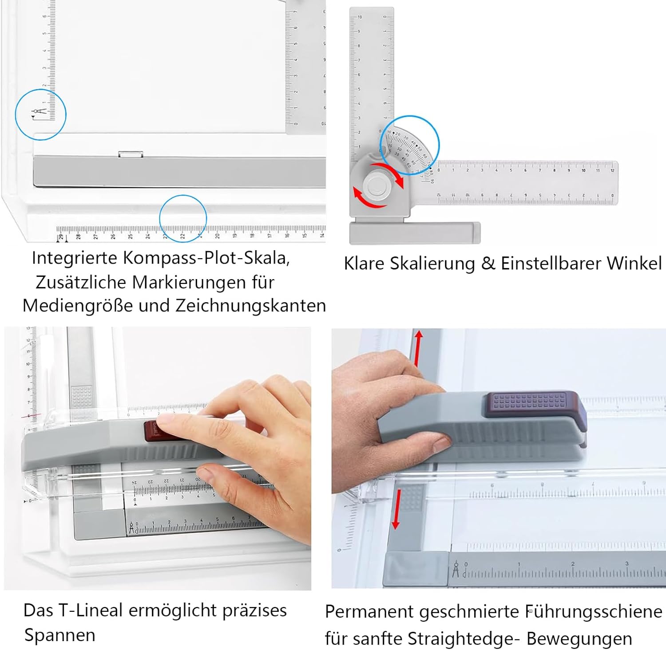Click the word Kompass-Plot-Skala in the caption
tap(206, 258)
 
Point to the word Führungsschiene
tap(594, 612)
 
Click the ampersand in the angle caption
tap(488, 264)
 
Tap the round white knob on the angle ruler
tap(377, 185)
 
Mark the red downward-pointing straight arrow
tap(396, 509)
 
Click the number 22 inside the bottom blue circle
tap(182, 236)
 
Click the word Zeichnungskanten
tap(251, 306)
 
